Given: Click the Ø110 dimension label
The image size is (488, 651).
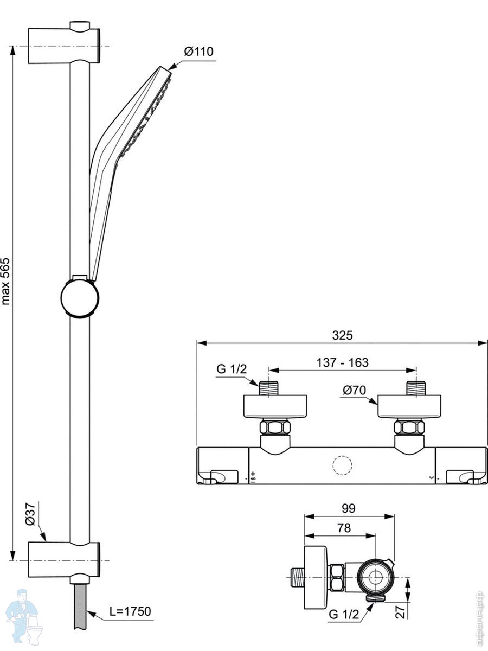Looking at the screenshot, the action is coord(198,52).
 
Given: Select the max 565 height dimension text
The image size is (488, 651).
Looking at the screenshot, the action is coord(6,282).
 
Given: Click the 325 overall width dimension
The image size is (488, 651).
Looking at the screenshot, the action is coord(343,335).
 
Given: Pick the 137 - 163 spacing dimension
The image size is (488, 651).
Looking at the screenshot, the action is coord(343,362).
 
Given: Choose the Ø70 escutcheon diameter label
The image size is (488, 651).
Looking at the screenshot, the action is coord(355,390).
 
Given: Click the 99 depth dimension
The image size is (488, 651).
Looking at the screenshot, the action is coord(349,508).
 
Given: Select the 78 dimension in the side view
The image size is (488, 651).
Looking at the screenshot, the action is coord(344,528).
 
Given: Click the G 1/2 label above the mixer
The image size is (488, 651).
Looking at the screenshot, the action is coord(232,369).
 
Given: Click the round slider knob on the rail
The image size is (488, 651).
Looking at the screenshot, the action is coord(80,297).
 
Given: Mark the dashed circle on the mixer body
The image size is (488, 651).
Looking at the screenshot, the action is coord(343,465).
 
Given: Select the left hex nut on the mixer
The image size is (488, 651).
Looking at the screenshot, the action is coord(275,427).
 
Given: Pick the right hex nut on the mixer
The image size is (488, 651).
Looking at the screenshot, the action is coord(409,427).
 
